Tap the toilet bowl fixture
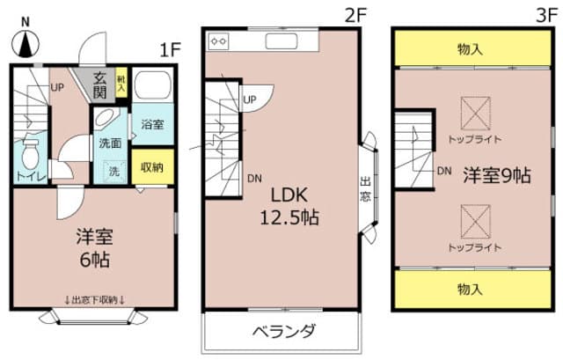pos(32,153)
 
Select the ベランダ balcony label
pos(283,333)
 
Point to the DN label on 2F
pos(253,179)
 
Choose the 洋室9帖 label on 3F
pos(497,175)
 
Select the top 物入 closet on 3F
pos(471,48)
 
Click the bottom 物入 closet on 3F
pos(471,288)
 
